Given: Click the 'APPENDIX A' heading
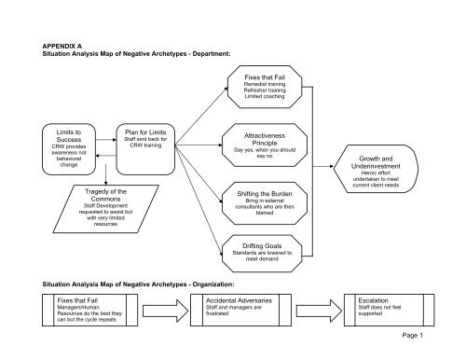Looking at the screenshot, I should coord(66,44).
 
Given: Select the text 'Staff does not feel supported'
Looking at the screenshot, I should coord(385,313).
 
